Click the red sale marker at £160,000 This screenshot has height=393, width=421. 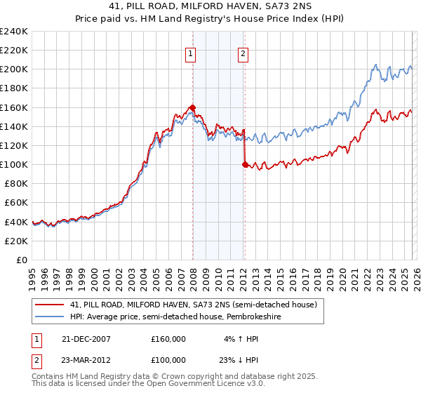[x=192, y=107]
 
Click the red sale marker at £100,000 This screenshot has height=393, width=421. [x=245, y=164]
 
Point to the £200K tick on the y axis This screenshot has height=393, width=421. [x=14, y=69]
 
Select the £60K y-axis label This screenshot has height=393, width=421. [x=16, y=202]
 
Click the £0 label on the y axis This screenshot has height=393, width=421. [x=21, y=260]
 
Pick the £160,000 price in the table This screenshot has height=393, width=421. [x=168, y=338]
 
